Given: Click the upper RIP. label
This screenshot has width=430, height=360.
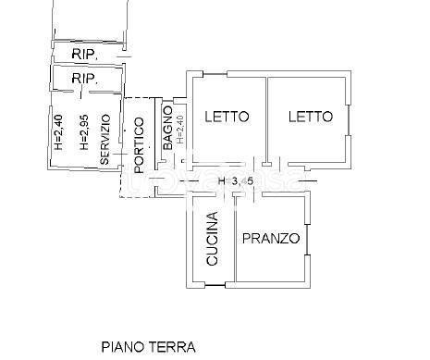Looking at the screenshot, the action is click(x=84, y=53).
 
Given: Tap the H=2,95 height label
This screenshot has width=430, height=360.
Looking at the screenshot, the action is click(x=83, y=133).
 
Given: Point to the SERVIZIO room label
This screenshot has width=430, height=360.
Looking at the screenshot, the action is click(x=105, y=140).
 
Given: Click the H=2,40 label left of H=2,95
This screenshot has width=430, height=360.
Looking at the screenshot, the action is click(x=58, y=133).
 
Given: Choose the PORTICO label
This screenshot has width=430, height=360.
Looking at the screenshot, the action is click(x=138, y=145).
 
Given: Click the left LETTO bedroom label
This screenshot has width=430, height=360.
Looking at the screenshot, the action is click(x=227, y=118).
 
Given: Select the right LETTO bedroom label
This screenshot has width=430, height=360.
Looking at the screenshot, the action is click(x=309, y=118).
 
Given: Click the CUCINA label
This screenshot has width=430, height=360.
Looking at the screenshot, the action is click(x=212, y=240).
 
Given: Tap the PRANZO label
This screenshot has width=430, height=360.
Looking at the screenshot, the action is click(x=271, y=239).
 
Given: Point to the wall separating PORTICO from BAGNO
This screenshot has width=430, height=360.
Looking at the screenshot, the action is click(x=156, y=139).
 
